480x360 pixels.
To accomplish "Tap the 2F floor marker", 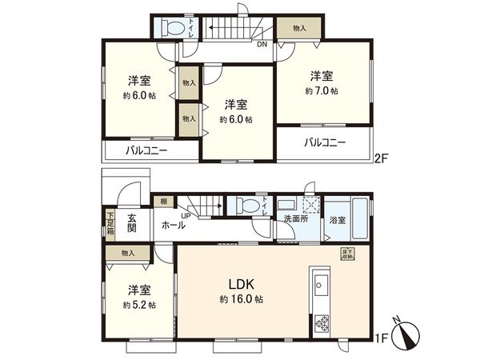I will (x=382, y=158).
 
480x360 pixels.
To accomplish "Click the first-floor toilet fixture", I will (x=242, y=206).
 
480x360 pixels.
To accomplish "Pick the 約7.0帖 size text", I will (x=322, y=91).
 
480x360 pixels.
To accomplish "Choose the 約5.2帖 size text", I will (x=140, y=305).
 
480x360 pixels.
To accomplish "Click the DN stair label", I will (x=262, y=44).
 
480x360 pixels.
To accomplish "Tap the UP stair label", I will (x=186, y=216).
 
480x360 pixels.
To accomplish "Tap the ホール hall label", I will (x=173, y=226).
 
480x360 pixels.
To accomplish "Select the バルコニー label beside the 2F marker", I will (x=324, y=143).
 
